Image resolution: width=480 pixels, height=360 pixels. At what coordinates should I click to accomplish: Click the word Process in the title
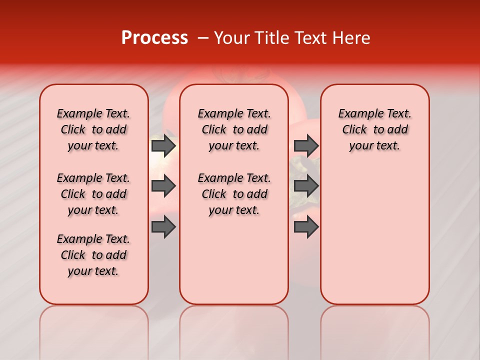(154, 38)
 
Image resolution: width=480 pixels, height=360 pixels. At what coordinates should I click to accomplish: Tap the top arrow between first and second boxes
(163, 145)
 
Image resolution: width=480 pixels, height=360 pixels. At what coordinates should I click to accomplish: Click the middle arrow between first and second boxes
(163, 186)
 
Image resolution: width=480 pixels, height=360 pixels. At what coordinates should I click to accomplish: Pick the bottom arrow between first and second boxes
(163, 227)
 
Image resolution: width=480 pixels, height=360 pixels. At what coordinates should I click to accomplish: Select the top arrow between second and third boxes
(306, 145)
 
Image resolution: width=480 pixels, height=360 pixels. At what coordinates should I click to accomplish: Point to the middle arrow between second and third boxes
(306, 186)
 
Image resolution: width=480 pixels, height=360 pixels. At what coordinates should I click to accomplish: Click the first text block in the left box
(93, 129)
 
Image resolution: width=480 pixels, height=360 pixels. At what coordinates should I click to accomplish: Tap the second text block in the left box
(93, 194)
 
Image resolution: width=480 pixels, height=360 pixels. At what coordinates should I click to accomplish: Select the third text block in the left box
(93, 255)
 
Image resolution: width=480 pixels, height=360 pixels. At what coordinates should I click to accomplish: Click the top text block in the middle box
(234, 129)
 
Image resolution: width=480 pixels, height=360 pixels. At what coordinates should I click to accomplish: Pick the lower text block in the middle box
(234, 194)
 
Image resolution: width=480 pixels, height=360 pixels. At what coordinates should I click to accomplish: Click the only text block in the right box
(374, 129)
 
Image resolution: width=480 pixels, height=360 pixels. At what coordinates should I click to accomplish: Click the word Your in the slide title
(231, 38)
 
